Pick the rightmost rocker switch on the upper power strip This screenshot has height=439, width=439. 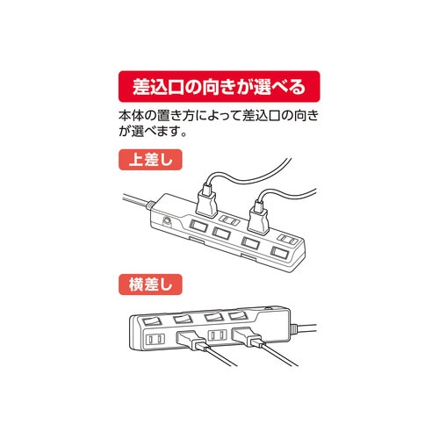278,253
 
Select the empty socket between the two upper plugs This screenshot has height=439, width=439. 227,217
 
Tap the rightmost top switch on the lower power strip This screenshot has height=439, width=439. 239,315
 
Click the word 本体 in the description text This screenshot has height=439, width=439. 129,116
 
